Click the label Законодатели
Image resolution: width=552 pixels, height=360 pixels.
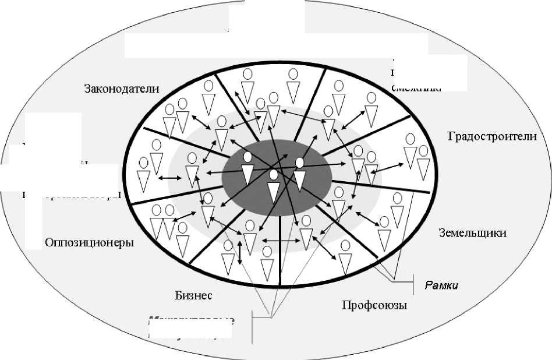tap(122, 89)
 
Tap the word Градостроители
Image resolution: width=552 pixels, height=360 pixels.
tap(492, 136)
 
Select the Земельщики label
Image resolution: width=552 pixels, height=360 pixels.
tap(472, 233)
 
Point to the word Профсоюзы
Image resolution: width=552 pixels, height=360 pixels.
tap(374, 305)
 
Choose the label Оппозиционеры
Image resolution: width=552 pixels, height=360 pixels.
tap(89, 242)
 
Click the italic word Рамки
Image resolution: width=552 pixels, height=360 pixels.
tap(441, 285)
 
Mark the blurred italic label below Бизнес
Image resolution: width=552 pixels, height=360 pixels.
tap(191, 327)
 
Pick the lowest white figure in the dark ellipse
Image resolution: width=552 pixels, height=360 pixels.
tap(274, 185)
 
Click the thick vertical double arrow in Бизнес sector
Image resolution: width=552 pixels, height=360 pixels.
tap(239, 252)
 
